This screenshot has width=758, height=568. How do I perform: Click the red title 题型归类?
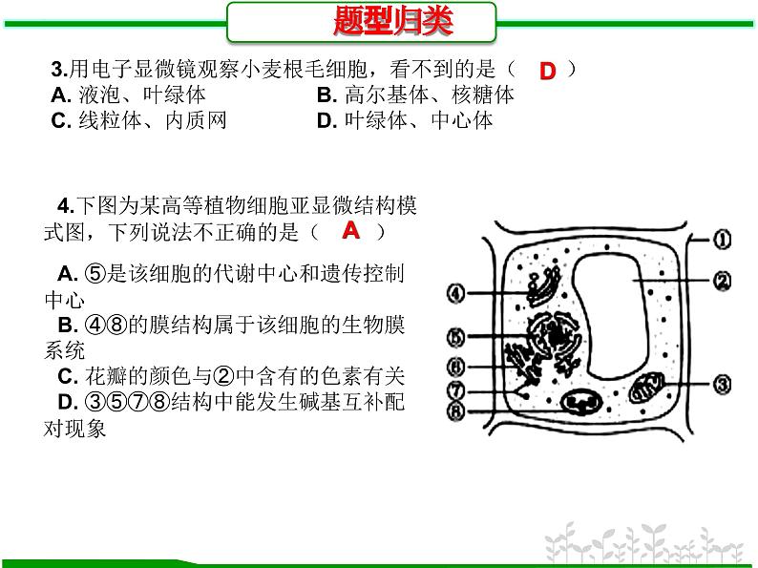click(393, 21)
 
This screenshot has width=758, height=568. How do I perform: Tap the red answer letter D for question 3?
click(548, 71)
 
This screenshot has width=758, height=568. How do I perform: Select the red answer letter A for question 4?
click(351, 230)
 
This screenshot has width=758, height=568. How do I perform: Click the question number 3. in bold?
click(59, 70)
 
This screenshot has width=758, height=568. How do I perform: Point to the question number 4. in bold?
click(66, 206)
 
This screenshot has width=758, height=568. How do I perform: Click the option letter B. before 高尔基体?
click(326, 95)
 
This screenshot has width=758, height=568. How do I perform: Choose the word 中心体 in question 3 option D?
click(462, 120)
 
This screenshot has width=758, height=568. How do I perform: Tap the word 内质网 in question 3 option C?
click(196, 120)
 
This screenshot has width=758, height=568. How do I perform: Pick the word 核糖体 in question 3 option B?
click(483, 95)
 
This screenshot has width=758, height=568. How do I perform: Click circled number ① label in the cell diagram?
click(722, 240)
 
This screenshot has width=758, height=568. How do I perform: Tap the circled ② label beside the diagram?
click(723, 282)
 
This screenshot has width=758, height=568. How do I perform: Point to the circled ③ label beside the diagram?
click(723, 385)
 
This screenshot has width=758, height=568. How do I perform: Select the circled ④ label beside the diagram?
click(456, 293)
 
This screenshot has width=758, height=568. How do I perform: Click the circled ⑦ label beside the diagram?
click(456, 389)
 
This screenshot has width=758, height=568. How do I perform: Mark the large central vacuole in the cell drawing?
click(611, 317)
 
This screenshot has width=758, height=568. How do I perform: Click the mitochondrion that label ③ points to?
click(646, 388)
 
